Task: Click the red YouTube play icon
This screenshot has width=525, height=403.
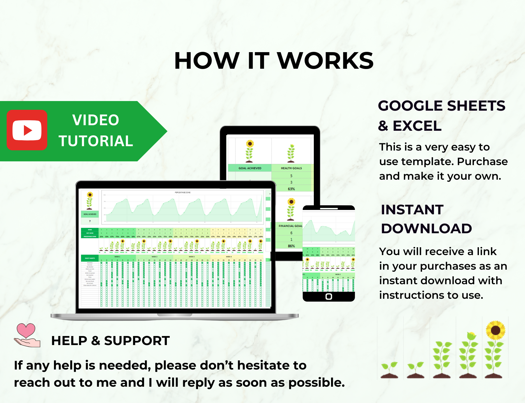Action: pos(27,130)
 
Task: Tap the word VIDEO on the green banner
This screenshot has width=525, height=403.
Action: pos(96,120)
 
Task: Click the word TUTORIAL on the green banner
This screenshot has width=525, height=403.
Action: pos(96,141)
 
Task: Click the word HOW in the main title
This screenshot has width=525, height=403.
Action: pos(207,61)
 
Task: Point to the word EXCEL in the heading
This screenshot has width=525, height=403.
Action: pos(417,126)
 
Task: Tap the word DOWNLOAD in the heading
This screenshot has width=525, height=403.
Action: pos(426,229)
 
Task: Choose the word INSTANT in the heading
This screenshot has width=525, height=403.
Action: pos(412,210)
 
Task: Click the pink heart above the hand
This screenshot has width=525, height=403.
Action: pos(26,330)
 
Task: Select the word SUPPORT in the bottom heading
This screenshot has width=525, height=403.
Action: pos(137,341)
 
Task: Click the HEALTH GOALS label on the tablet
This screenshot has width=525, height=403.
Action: pos(291,168)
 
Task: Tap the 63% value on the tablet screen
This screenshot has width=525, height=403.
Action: pos(291,189)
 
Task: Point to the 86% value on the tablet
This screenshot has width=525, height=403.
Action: pos(291,246)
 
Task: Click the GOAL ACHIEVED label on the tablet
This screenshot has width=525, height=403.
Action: pos(250,168)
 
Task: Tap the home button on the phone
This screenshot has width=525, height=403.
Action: pos(329,296)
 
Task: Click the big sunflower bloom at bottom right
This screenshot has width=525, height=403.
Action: pos(496,330)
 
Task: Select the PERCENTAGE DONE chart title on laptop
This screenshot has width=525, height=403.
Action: pos(183,192)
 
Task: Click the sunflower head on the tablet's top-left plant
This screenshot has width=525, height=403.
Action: pos(250,143)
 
